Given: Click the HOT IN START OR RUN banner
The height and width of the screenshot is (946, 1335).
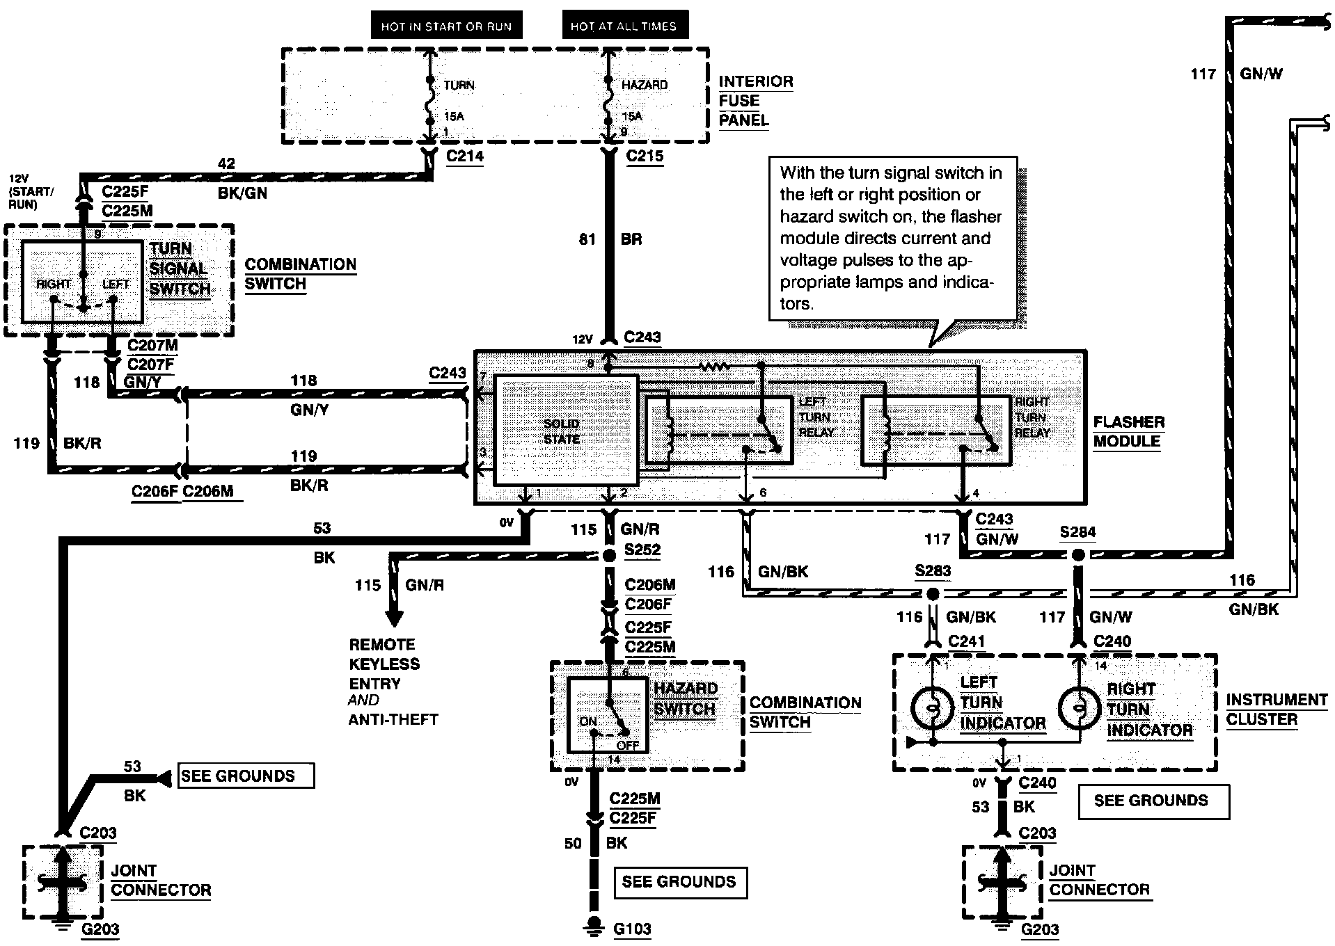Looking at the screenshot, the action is tap(446, 26).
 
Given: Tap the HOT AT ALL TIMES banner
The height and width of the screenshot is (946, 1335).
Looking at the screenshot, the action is tap(624, 26).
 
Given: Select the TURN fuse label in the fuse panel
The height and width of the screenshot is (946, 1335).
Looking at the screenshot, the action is tap(459, 85).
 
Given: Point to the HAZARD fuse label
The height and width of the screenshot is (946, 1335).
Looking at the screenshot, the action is tap(645, 85).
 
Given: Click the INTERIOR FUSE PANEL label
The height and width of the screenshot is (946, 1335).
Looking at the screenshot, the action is tap(756, 101).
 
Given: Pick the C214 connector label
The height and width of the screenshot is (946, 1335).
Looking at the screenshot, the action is tap(465, 156).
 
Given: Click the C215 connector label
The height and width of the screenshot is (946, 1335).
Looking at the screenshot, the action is tap(645, 156).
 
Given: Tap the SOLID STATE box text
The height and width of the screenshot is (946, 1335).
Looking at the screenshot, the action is tap(562, 431).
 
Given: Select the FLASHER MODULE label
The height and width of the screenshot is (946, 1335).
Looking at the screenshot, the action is tap(1128, 432).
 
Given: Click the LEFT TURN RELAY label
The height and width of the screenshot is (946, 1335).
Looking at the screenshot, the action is tap(815, 417).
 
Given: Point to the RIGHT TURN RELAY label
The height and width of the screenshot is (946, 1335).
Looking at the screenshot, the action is tap(1032, 417).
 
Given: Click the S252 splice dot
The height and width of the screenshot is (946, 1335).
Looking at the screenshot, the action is tap(609, 555).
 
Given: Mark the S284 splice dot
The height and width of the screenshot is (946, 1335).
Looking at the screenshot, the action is tap(1078, 555).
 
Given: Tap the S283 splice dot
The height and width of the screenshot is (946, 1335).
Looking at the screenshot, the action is tap(933, 594).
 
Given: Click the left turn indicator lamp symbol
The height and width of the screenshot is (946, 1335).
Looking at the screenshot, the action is tap(932, 708).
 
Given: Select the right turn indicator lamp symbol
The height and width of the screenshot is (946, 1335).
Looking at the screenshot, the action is tap(1079, 708).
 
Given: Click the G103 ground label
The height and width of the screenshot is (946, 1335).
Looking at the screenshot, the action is tap(633, 929).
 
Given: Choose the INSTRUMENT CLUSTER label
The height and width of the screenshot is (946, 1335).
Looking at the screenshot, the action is tap(1277, 709).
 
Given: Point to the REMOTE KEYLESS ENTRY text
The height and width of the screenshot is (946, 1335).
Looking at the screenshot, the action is tap(384, 664).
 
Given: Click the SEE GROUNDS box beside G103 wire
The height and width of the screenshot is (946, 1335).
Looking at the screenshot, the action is tap(679, 882).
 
